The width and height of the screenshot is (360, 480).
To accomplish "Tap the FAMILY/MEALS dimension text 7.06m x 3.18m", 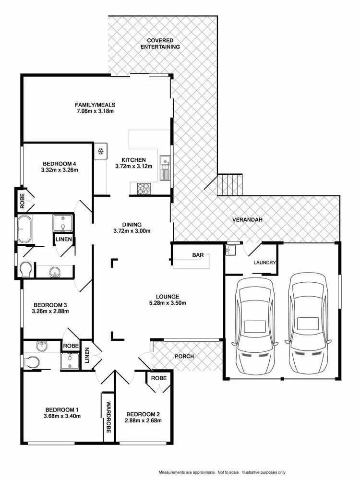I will pos(95,111).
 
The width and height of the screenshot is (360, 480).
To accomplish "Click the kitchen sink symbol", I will pos(165,168).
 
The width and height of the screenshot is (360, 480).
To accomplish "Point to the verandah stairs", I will pos(231,185).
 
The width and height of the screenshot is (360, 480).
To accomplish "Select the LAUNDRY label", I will pos(264,263).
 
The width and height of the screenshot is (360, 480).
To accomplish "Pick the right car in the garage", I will pos(307,324).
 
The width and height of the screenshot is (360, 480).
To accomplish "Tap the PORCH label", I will pos(184,356).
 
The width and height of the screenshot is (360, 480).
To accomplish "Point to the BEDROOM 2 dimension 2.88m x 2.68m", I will pos(143,420).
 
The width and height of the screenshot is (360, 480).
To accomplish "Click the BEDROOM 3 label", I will pos(49,305).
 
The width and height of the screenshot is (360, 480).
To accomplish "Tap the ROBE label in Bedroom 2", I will pos(159,378).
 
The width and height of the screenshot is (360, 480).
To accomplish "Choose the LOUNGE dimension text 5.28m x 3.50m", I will pos(167,303).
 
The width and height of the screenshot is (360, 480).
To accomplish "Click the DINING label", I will pos(132,224).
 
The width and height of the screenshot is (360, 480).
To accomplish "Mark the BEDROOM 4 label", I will pos(60,163).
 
